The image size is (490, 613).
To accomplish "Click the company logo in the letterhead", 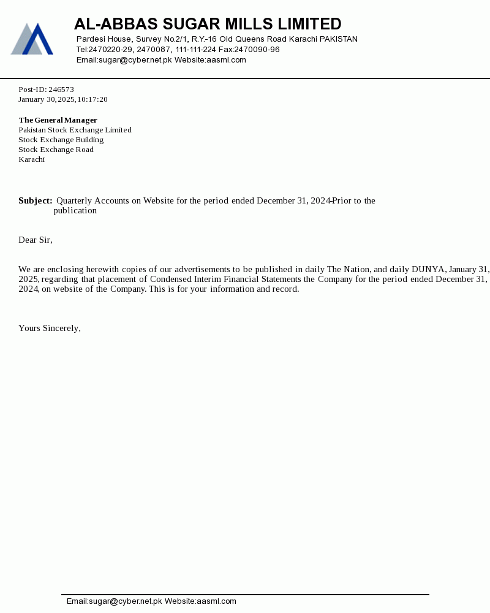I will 32,39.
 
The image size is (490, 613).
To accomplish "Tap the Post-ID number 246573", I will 61,89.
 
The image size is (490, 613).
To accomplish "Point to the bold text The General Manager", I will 58,120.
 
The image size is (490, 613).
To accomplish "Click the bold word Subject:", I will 36,201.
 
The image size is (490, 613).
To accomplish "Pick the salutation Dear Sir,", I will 36,240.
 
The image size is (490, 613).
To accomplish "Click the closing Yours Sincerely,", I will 50,329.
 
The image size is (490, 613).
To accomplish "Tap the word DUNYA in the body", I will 428,270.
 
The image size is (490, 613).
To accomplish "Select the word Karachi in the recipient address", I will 32,159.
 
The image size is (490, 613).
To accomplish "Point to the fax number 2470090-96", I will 257,50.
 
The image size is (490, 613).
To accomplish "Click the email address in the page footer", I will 115,601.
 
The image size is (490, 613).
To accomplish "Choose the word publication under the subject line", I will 75,211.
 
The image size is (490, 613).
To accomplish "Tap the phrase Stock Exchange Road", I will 56,150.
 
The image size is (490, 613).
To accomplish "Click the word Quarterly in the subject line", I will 74,201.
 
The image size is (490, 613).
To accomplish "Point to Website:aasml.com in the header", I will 210,60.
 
